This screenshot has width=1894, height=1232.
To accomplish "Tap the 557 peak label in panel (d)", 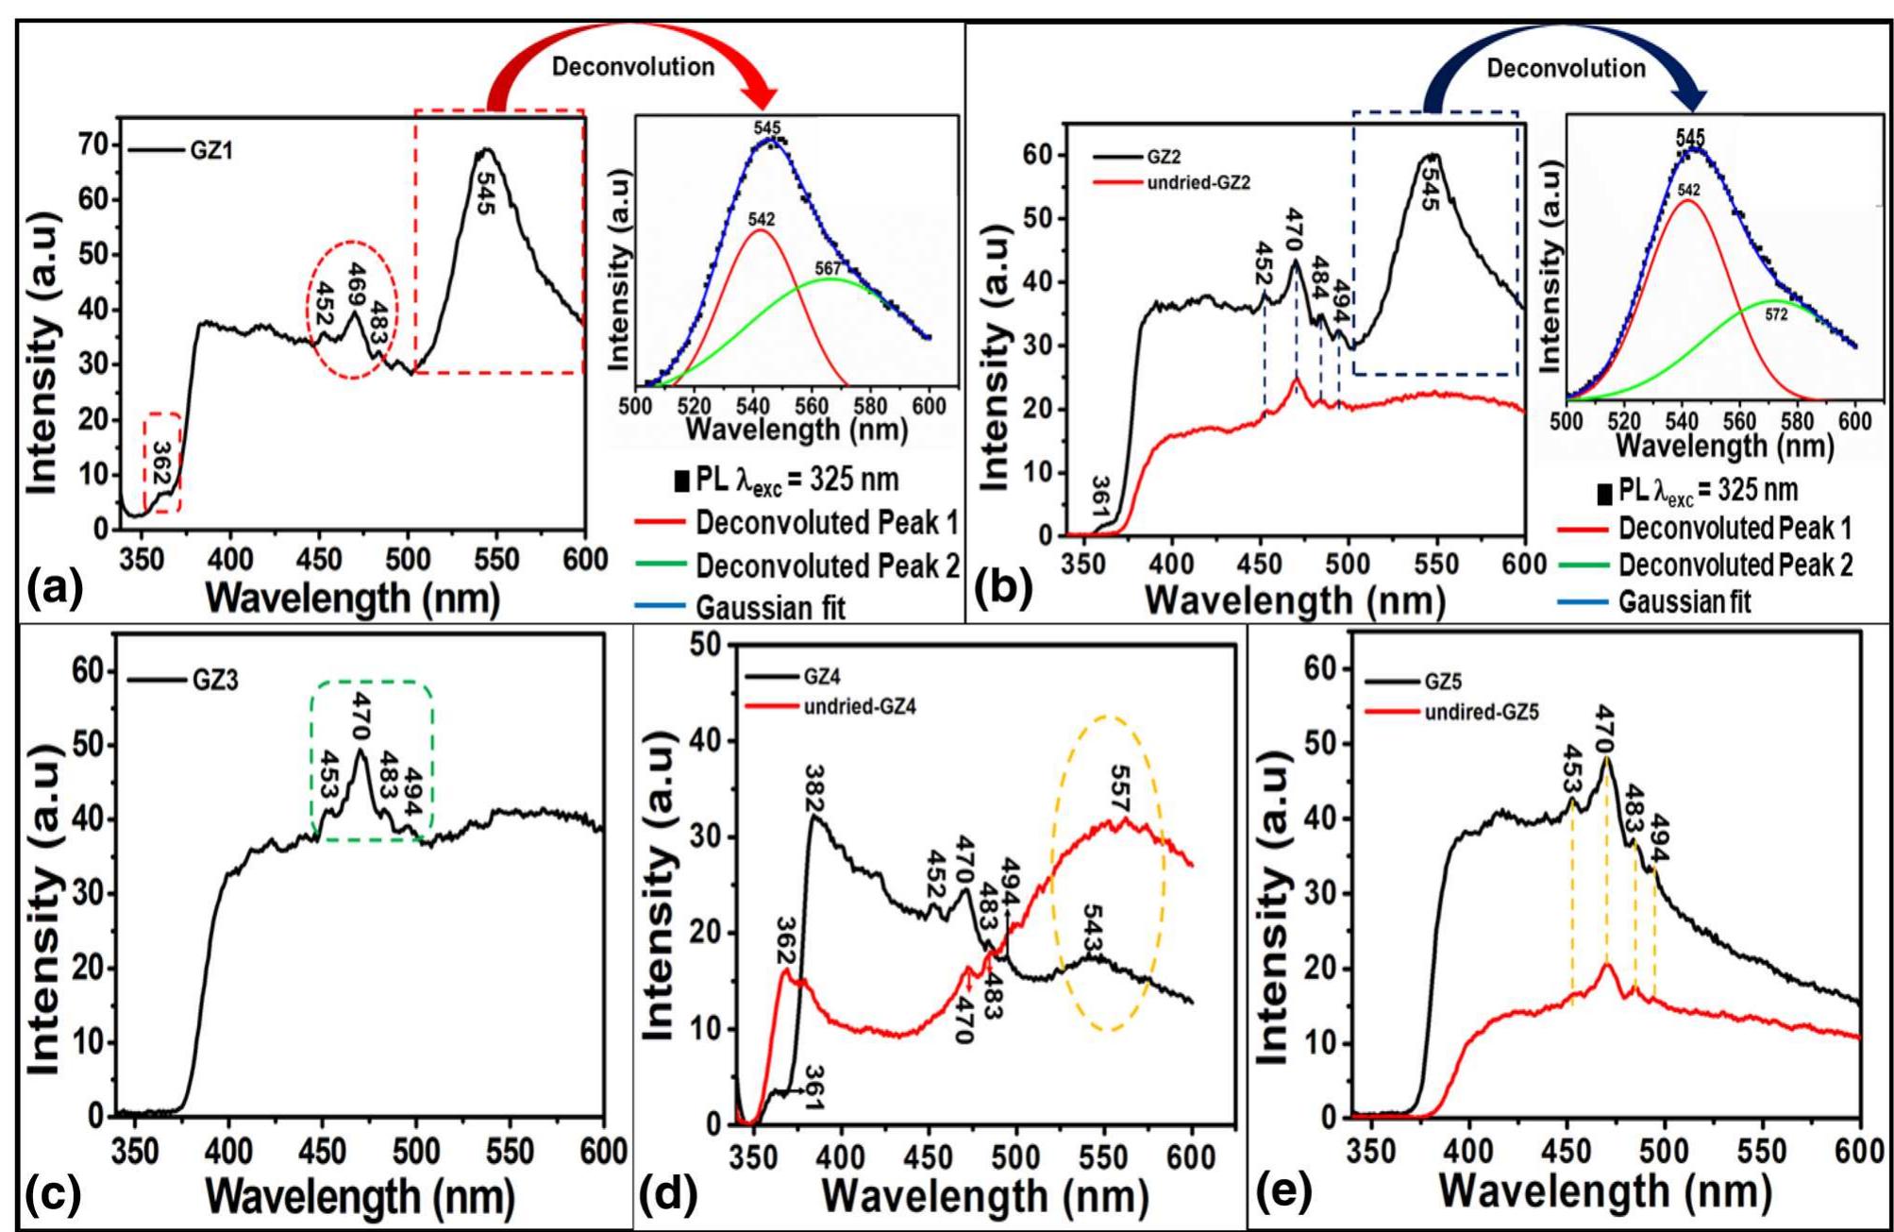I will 1119,783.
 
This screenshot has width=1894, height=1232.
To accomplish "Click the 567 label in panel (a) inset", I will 828,269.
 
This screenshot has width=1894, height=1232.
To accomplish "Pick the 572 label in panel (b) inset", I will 1776,314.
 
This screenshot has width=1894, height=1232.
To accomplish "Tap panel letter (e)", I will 1283,1191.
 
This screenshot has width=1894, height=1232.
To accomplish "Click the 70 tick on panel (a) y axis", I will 94,144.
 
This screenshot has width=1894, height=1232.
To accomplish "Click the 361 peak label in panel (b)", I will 1100,497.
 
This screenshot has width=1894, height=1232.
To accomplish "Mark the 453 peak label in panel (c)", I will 329,772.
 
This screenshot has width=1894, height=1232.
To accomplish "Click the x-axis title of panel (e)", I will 1603,1191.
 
